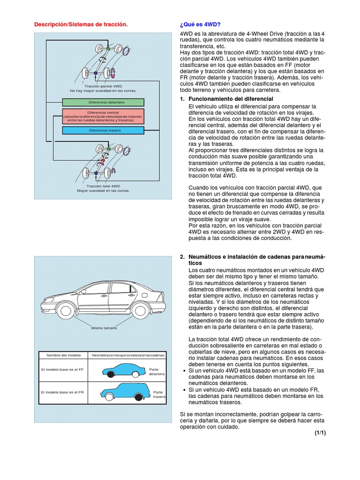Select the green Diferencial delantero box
coord(103,102)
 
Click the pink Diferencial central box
coord(103,116)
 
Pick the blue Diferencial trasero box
coord(103,130)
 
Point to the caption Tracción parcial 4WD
coord(103,87)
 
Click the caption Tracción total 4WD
coord(103,186)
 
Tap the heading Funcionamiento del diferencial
coord(230,99)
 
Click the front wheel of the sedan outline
coord(65,310)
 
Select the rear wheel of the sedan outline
coord(141,310)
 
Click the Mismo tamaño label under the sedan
coord(104,328)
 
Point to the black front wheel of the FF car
coord(111,374)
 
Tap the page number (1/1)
coord(320,433)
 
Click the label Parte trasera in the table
coord(157,394)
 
